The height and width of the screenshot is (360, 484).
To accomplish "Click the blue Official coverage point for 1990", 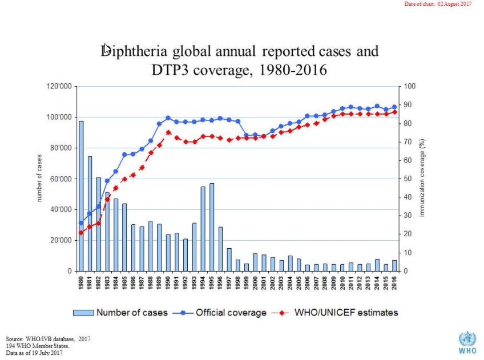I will pyautogui.click(x=168, y=118).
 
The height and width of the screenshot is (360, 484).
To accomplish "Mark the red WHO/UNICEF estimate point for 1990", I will pyautogui.click(x=168, y=132).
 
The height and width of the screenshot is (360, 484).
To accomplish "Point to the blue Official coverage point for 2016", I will pyautogui.click(x=394, y=107).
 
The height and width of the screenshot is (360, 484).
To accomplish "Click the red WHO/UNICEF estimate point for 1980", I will pyautogui.click(x=81, y=232).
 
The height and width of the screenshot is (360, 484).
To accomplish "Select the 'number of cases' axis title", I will pyautogui.click(x=39, y=178).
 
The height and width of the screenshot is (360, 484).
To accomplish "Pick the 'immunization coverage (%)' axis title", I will pyautogui.click(x=422, y=178).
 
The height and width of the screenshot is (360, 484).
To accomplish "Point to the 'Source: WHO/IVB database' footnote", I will pyautogui.click(x=48, y=339).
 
